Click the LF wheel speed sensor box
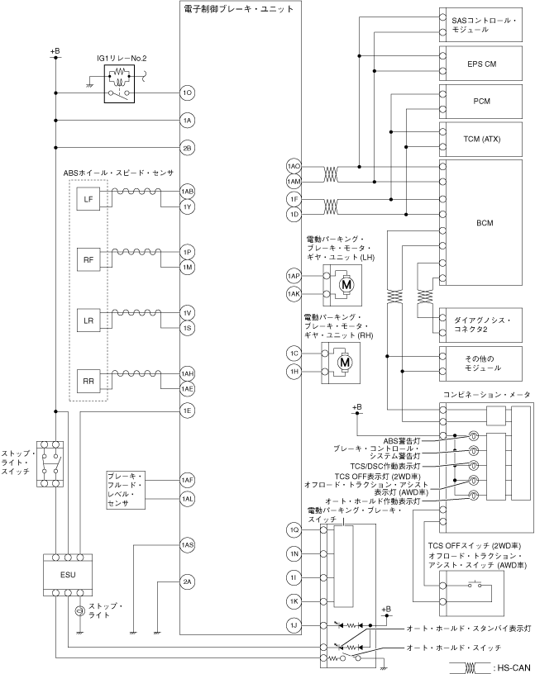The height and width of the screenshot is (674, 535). pos(88,199)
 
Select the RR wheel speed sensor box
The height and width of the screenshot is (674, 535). pos(88,381)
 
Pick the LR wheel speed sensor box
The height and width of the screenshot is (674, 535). pos(88,320)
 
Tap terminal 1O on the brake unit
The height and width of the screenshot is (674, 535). pos(188,93)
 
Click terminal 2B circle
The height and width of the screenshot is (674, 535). pos(188,148)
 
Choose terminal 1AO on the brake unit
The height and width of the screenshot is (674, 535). pos(294,167)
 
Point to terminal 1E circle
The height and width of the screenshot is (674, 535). pos(188,411)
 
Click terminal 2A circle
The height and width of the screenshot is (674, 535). pos(188,582)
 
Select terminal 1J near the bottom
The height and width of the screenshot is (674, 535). pos(294,625)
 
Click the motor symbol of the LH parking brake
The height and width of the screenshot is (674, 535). pos(342,284)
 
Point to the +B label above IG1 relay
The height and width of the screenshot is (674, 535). pos(55,51)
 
